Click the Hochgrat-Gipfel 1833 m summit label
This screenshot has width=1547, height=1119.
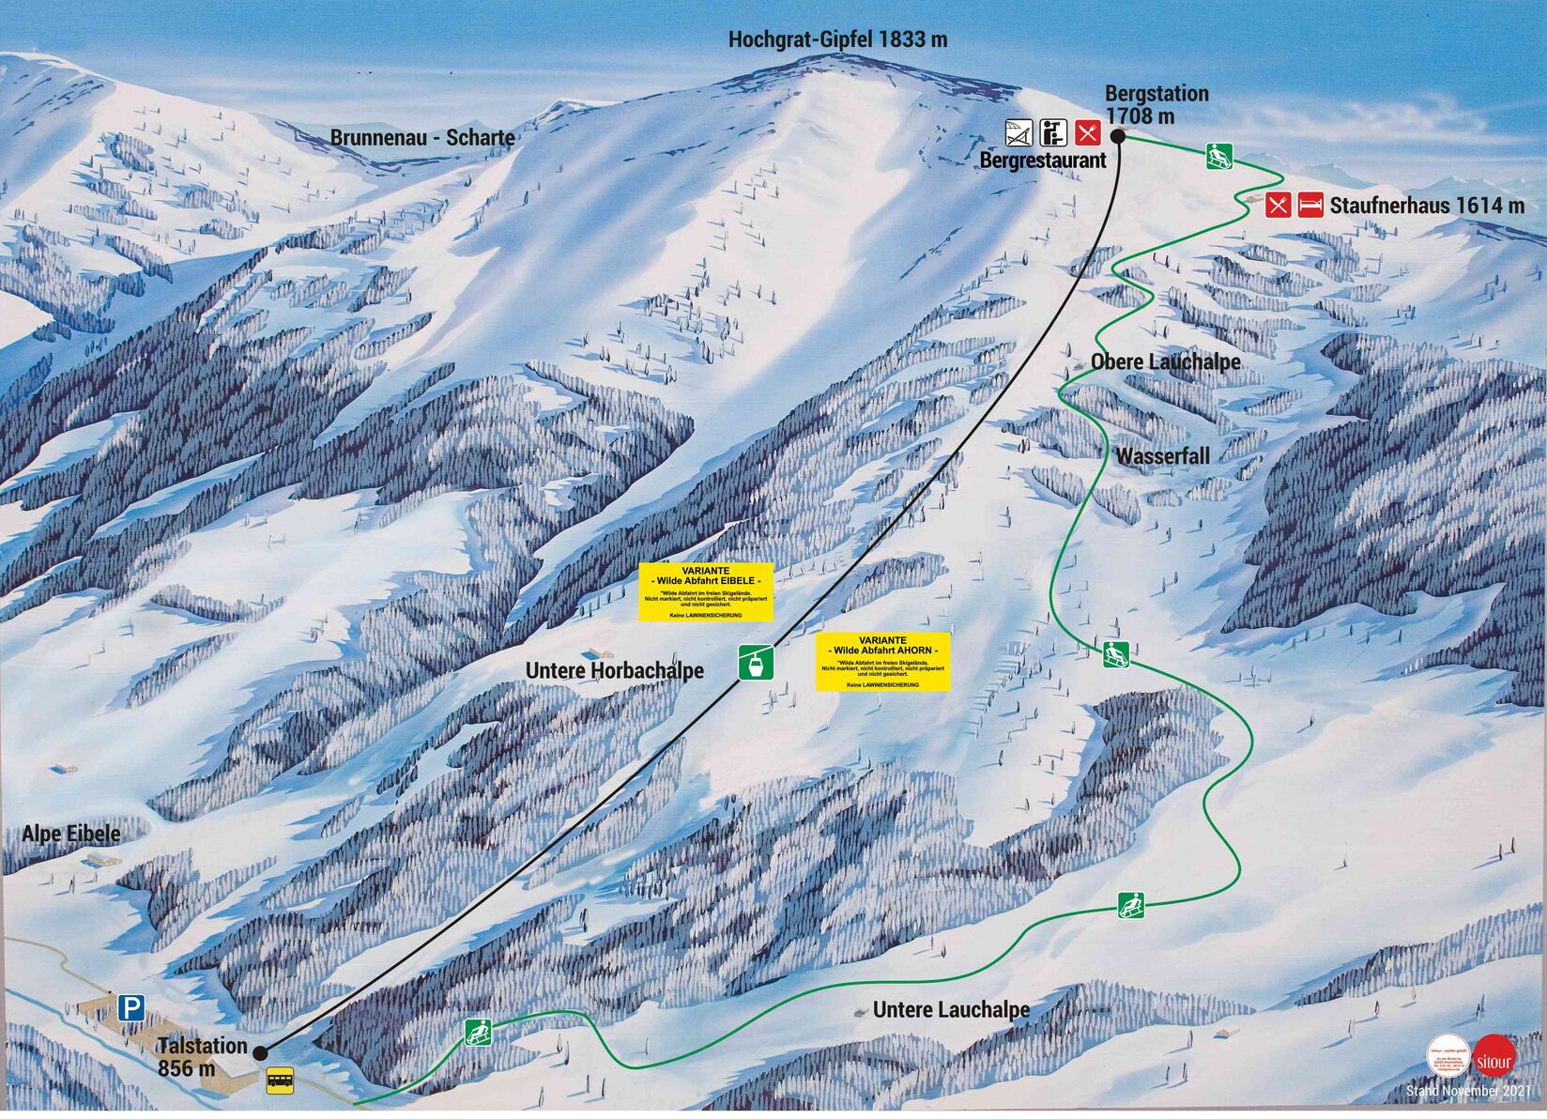(x=837, y=39)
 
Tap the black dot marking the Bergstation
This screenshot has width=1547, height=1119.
(x=1118, y=136)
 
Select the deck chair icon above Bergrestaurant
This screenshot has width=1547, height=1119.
(x=1019, y=132)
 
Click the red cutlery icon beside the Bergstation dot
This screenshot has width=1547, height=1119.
(x=1087, y=132)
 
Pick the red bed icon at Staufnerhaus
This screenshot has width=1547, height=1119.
(x=1310, y=205)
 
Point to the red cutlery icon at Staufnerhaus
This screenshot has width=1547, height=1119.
(x=1278, y=205)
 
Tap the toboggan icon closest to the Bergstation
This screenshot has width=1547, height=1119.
(x=1219, y=156)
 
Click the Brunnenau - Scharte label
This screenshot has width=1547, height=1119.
(x=422, y=138)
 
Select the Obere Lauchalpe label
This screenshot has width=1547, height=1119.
(x=1165, y=362)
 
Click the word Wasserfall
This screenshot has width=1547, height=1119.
(x=1162, y=457)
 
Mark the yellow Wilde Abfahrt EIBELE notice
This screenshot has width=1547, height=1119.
(x=706, y=591)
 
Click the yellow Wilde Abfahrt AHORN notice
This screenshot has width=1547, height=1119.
(x=882, y=662)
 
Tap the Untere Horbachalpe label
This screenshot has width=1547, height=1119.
(x=614, y=670)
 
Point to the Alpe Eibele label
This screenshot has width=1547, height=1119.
(x=71, y=834)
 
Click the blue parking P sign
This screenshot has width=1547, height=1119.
(x=131, y=1009)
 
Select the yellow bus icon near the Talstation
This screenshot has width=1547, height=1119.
(x=280, y=1081)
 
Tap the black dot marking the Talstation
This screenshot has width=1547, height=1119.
(x=260, y=1052)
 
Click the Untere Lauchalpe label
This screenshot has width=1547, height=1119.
(x=951, y=1010)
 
